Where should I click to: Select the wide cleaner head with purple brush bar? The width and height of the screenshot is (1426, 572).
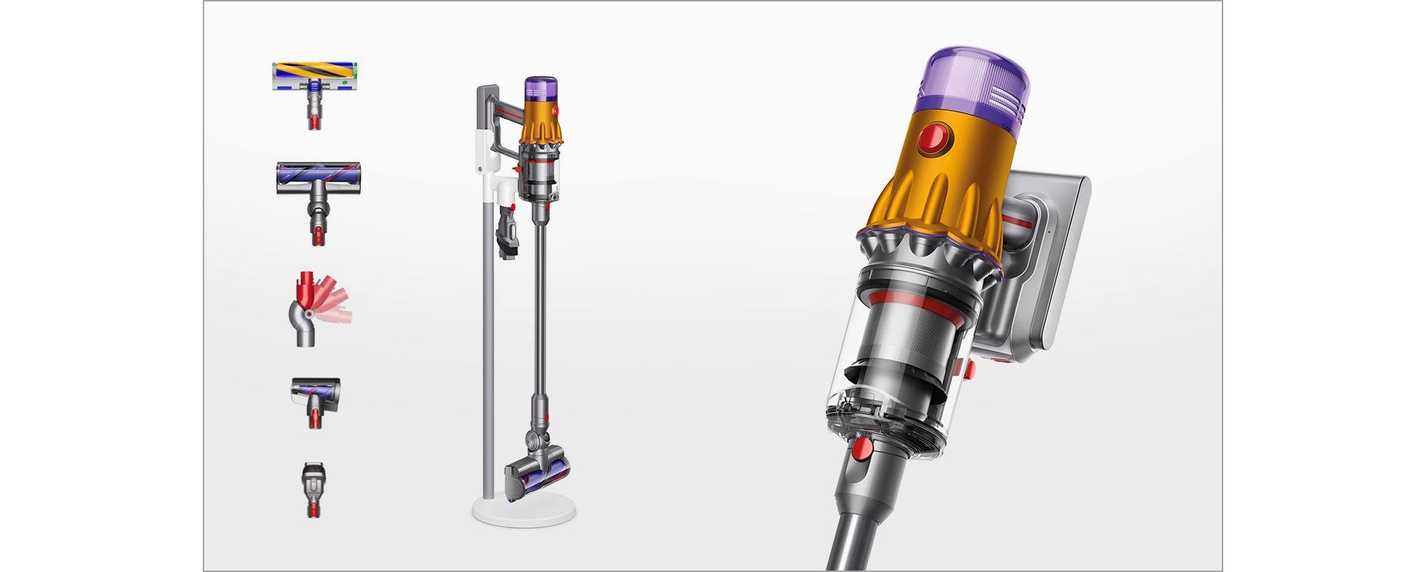(x=318, y=179)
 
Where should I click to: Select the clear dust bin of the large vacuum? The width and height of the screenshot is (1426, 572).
(x=891, y=386)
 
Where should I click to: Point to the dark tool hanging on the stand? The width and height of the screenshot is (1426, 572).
(x=507, y=233)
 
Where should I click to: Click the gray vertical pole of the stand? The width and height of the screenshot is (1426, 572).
(x=486, y=334)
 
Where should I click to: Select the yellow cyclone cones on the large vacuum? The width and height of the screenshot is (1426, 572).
(x=936, y=208)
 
